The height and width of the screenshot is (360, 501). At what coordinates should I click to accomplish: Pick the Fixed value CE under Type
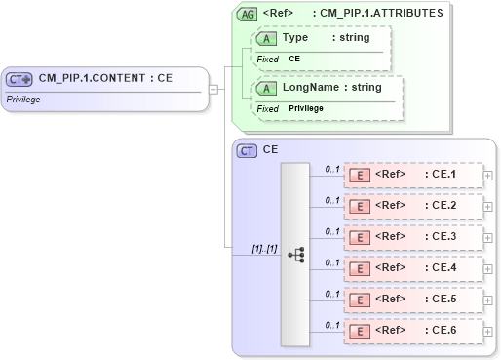294,59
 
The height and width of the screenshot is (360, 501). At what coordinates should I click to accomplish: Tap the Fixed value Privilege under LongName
308,108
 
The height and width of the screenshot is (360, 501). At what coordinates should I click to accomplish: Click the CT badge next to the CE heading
248,150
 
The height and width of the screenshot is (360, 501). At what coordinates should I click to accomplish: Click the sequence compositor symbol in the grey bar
295,254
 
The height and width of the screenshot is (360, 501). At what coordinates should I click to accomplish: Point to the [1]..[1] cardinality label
264,248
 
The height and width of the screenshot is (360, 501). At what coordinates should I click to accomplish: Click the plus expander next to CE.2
489,207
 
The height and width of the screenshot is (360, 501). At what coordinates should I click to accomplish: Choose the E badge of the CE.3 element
359,238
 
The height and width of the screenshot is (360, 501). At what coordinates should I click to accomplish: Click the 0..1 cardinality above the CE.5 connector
332,294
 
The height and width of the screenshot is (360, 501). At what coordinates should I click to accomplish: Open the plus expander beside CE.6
489,331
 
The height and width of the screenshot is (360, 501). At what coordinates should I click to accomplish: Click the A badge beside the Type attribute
265,38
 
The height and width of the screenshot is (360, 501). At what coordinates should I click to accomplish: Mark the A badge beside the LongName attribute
265,88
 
